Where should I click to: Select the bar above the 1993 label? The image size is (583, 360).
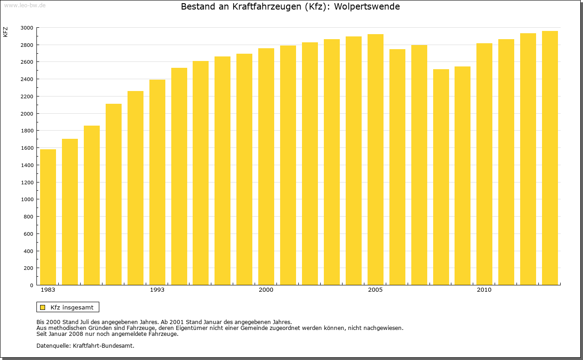pyautogui.click(x=157, y=182)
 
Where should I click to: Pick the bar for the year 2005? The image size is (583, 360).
pyautogui.click(x=375, y=159)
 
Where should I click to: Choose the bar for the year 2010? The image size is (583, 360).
pyautogui.click(x=484, y=164)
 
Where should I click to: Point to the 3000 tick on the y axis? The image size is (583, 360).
pyautogui.click(x=27, y=28)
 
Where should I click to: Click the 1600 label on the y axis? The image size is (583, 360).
pyautogui.click(x=27, y=148)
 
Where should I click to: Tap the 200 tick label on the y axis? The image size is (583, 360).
pyautogui.click(x=28, y=268)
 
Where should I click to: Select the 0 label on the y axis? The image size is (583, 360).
pyautogui.click(x=31, y=285)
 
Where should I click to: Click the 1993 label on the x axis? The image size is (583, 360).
pyautogui.click(x=157, y=290)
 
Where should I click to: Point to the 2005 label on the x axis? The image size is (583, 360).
pyautogui.click(x=375, y=290)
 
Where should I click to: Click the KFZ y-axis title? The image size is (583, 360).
pyautogui.click(x=5, y=32)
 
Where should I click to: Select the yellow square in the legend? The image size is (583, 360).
pyautogui.click(x=43, y=307)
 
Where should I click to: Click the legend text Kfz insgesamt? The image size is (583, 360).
pyautogui.click(x=72, y=307)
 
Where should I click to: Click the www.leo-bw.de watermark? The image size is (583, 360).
pyautogui.click(x=25, y=5)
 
